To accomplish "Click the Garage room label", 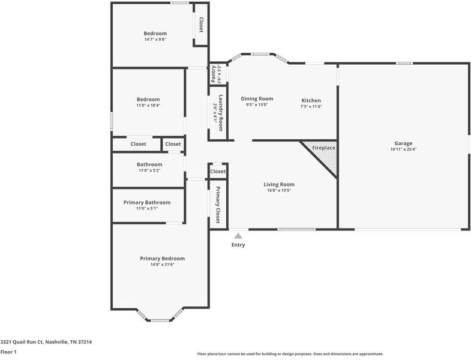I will (x=403, y=143).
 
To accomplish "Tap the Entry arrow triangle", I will (x=238, y=236).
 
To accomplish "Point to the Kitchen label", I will (x=311, y=100).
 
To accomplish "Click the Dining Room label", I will (x=257, y=98).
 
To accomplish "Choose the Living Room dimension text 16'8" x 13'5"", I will (x=279, y=191).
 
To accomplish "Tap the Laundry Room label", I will (x=221, y=113).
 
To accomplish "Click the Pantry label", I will (x=214, y=74).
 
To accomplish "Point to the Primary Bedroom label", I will (x=162, y=259).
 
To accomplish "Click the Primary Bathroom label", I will (x=147, y=202).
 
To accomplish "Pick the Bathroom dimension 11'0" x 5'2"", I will (x=149, y=170).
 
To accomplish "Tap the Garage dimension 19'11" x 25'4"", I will (x=403, y=149).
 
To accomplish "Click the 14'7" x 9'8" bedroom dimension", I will (x=155, y=40).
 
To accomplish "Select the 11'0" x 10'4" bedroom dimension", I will (x=148, y=106).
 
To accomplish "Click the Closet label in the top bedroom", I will (x=201, y=25).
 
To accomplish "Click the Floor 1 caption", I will (x=8, y=352).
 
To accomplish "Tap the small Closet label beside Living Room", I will (x=218, y=172).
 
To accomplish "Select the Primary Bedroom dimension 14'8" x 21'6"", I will (x=162, y=265).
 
